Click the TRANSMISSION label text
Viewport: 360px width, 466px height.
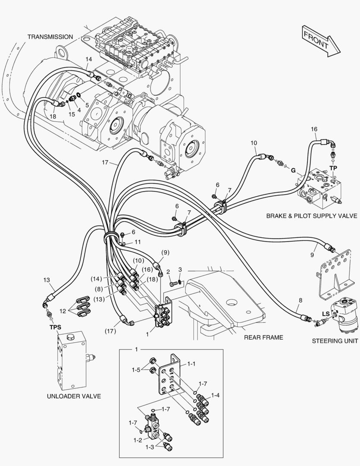click(50, 37)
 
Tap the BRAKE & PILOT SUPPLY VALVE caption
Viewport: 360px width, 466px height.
click(312, 216)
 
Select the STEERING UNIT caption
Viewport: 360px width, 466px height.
click(334, 341)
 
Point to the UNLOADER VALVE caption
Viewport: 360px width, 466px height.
click(76, 396)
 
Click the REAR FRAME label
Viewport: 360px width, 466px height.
click(263, 337)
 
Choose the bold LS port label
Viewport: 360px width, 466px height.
click(326, 314)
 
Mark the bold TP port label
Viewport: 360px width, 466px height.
click(333, 167)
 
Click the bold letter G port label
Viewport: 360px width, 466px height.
click(293, 170)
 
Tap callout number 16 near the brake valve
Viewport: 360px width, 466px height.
click(314, 129)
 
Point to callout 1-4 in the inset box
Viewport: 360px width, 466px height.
click(215, 395)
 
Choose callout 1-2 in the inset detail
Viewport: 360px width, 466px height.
click(138, 440)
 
